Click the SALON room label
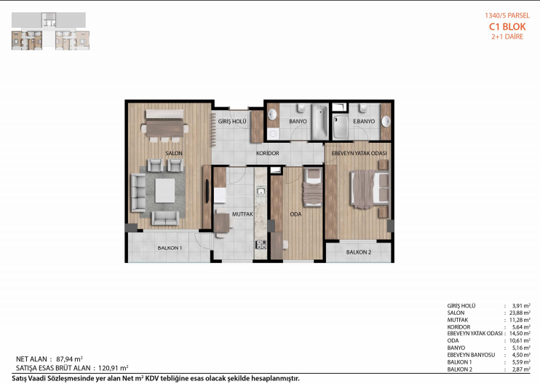click(x=174, y=153)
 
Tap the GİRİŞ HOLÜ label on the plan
click(x=232, y=122)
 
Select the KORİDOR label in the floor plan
click(x=268, y=153)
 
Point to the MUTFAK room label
click(x=242, y=214)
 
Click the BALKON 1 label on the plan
click(x=170, y=248)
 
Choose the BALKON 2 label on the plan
click(x=359, y=252)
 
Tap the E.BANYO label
click(x=364, y=122)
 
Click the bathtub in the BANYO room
click(x=320, y=122)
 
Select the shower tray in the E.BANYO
click(x=341, y=127)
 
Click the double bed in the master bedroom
click(x=370, y=189)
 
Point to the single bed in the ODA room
click(x=313, y=188)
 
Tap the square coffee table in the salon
click(x=164, y=191)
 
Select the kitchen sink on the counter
click(x=261, y=191)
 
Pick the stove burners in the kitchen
click(x=261, y=244)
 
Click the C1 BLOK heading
click(x=507, y=26)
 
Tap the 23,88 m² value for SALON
click(x=520, y=313)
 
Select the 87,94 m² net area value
click(x=69, y=358)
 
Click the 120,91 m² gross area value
click(x=113, y=368)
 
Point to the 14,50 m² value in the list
click(x=520, y=333)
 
